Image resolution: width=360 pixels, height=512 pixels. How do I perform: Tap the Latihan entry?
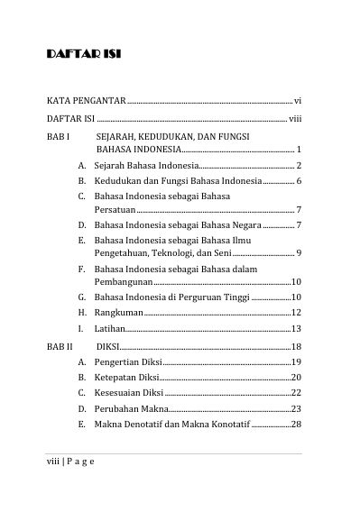[x=110, y=329]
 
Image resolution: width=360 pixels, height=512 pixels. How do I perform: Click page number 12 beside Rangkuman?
[x=296, y=312]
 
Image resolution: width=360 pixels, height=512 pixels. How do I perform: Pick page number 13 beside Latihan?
[x=296, y=329]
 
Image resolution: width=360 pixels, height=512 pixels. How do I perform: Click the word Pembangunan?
[x=127, y=282]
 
